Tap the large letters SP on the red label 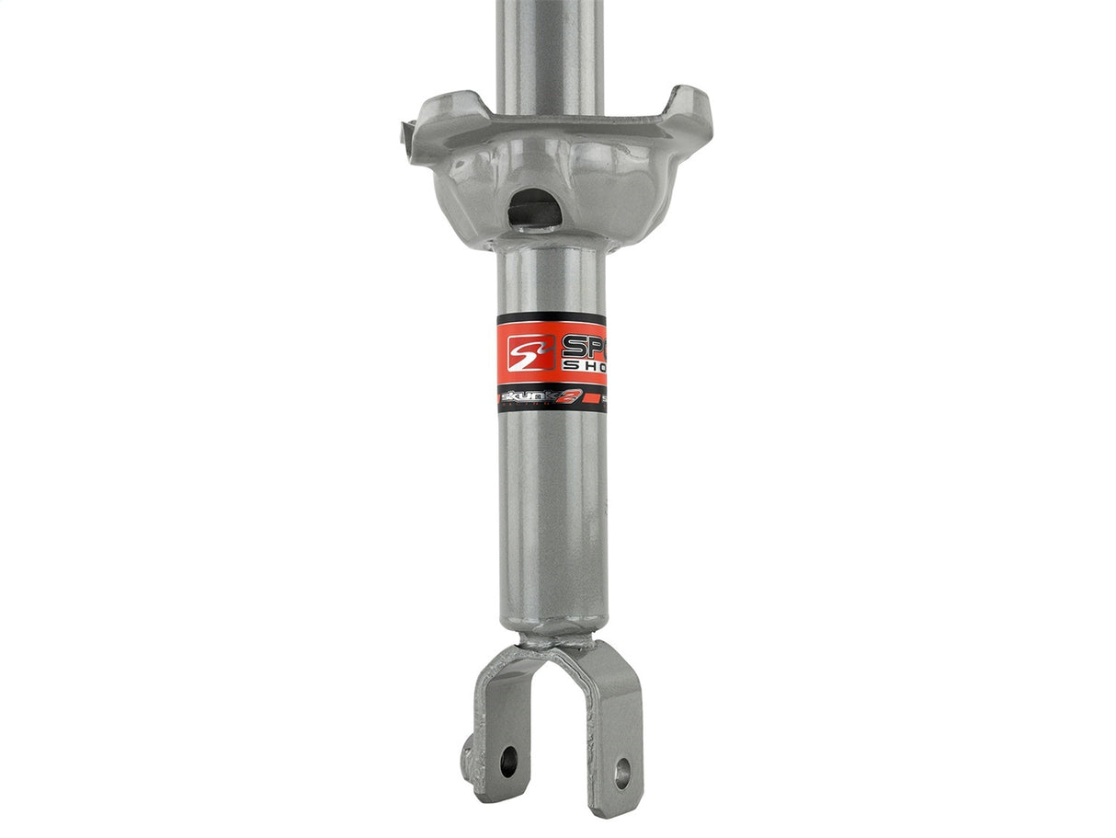click(582, 347)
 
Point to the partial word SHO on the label click(584, 367)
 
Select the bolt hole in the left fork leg click(508, 760)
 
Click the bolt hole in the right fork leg click(622, 774)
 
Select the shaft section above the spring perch click(550, 46)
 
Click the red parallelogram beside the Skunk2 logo click(600, 397)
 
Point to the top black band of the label click(552, 319)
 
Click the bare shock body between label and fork click(552, 515)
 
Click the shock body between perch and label click(552, 281)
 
